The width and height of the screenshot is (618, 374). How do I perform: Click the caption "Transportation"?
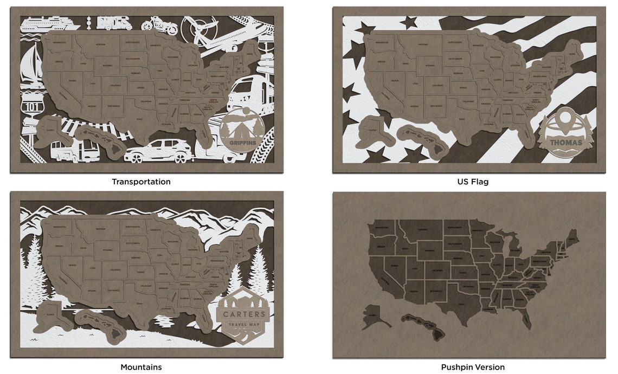coord(141,182)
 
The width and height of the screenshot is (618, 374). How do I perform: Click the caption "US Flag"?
coord(473,182)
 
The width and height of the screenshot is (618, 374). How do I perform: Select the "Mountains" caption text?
coord(141,367)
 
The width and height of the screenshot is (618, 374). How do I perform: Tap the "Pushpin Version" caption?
coord(473,367)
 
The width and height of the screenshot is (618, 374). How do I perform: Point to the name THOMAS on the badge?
coord(565,143)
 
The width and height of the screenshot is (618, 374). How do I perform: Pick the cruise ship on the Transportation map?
coord(50,23)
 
